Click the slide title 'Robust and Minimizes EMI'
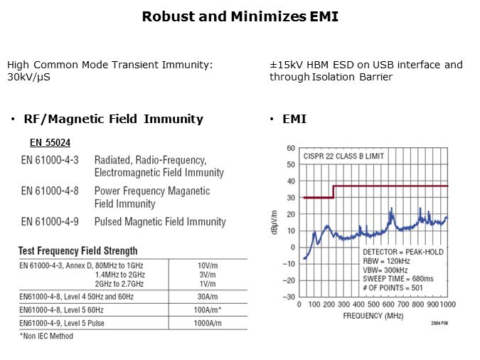pyautogui.click(x=240, y=16)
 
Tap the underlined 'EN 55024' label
pyautogui.click(x=50, y=142)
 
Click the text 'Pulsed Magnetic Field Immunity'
pyautogui.click(x=160, y=222)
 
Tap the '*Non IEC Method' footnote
pyautogui.click(x=46, y=336)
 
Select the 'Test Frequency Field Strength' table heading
pyautogui.click(x=78, y=250)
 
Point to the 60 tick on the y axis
pyautogui.click(x=292, y=148)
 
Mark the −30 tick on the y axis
pyautogui.click(x=290, y=297)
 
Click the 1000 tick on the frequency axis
pyautogui.click(x=447, y=305)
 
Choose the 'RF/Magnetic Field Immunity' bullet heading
pyautogui.click(x=113, y=119)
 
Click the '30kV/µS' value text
pyautogui.click(x=28, y=77)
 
